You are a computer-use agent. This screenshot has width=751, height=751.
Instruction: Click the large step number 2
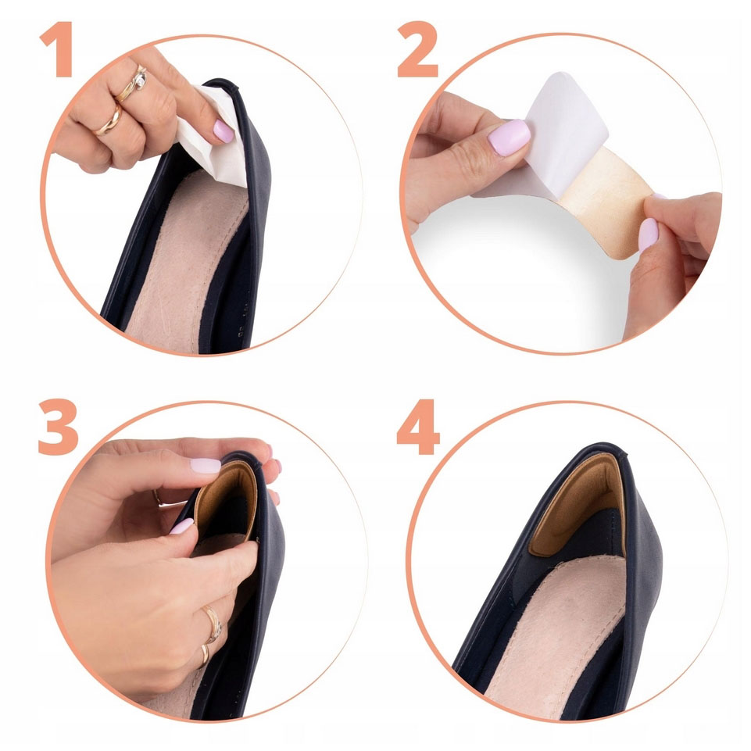[417, 49]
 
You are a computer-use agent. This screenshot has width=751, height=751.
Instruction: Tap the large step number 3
[59, 427]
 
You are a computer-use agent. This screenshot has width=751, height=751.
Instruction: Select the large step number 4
[418, 427]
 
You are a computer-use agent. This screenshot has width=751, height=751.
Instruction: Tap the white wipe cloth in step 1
[213, 137]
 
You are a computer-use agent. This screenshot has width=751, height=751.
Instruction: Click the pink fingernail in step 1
[224, 131]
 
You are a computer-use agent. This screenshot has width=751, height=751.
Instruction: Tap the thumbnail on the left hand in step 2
[509, 137]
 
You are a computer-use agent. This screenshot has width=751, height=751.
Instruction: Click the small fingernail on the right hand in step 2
[648, 233]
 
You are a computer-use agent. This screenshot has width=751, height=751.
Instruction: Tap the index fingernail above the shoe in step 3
[206, 465]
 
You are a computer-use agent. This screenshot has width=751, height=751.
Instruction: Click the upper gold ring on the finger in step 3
[213, 624]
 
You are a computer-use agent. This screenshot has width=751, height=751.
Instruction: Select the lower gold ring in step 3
[205, 655]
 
